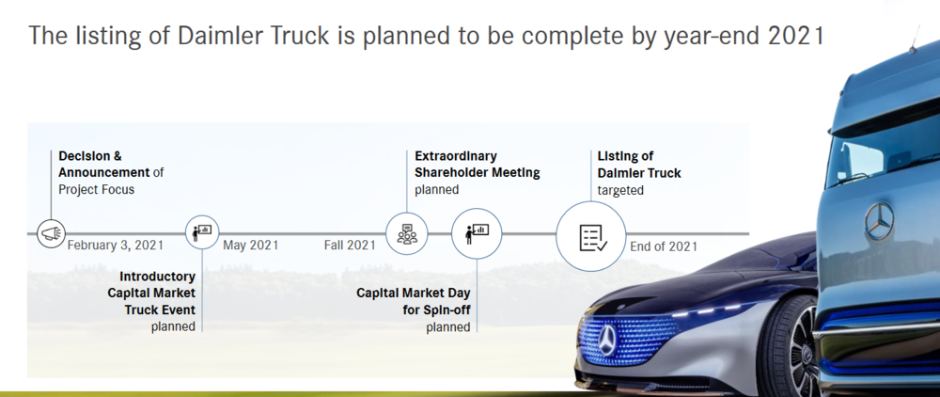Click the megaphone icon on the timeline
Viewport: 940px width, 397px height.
(x=51, y=233)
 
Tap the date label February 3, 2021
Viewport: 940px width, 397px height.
(x=115, y=246)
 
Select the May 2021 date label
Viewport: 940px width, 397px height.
(x=251, y=246)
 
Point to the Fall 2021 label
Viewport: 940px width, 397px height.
(x=350, y=246)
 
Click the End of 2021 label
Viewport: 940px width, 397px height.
(x=664, y=246)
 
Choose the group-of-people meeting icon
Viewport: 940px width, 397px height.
(x=407, y=233)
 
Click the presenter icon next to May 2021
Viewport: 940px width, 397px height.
(x=202, y=232)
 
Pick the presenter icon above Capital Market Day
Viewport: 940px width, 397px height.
(x=477, y=233)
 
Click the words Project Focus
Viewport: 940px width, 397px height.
(x=97, y=189)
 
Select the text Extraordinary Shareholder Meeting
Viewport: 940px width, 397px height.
(x=478, y=165)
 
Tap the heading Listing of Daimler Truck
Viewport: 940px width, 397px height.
(x=639, y=165)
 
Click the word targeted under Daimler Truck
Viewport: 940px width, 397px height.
(x=620, y=190)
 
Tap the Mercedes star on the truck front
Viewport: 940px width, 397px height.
(x=880, y=221)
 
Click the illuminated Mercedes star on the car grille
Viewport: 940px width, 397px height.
(x=607, y=340)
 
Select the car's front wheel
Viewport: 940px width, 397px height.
(x=788, y=348)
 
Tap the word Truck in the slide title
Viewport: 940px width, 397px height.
(x=293, y=36)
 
